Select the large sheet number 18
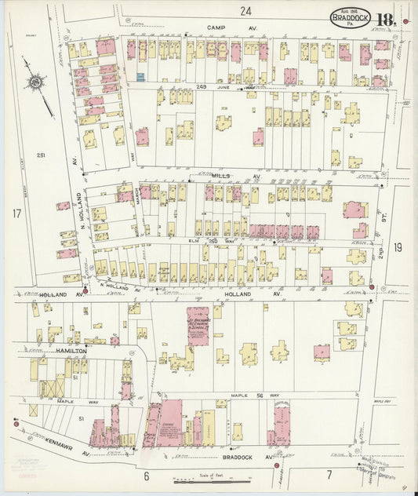point(384,20)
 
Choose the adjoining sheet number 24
point(246,10)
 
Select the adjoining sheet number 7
point(329,475)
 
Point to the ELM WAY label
point(205,240)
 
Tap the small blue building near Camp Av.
point(141,77)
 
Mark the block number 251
point(41,155)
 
